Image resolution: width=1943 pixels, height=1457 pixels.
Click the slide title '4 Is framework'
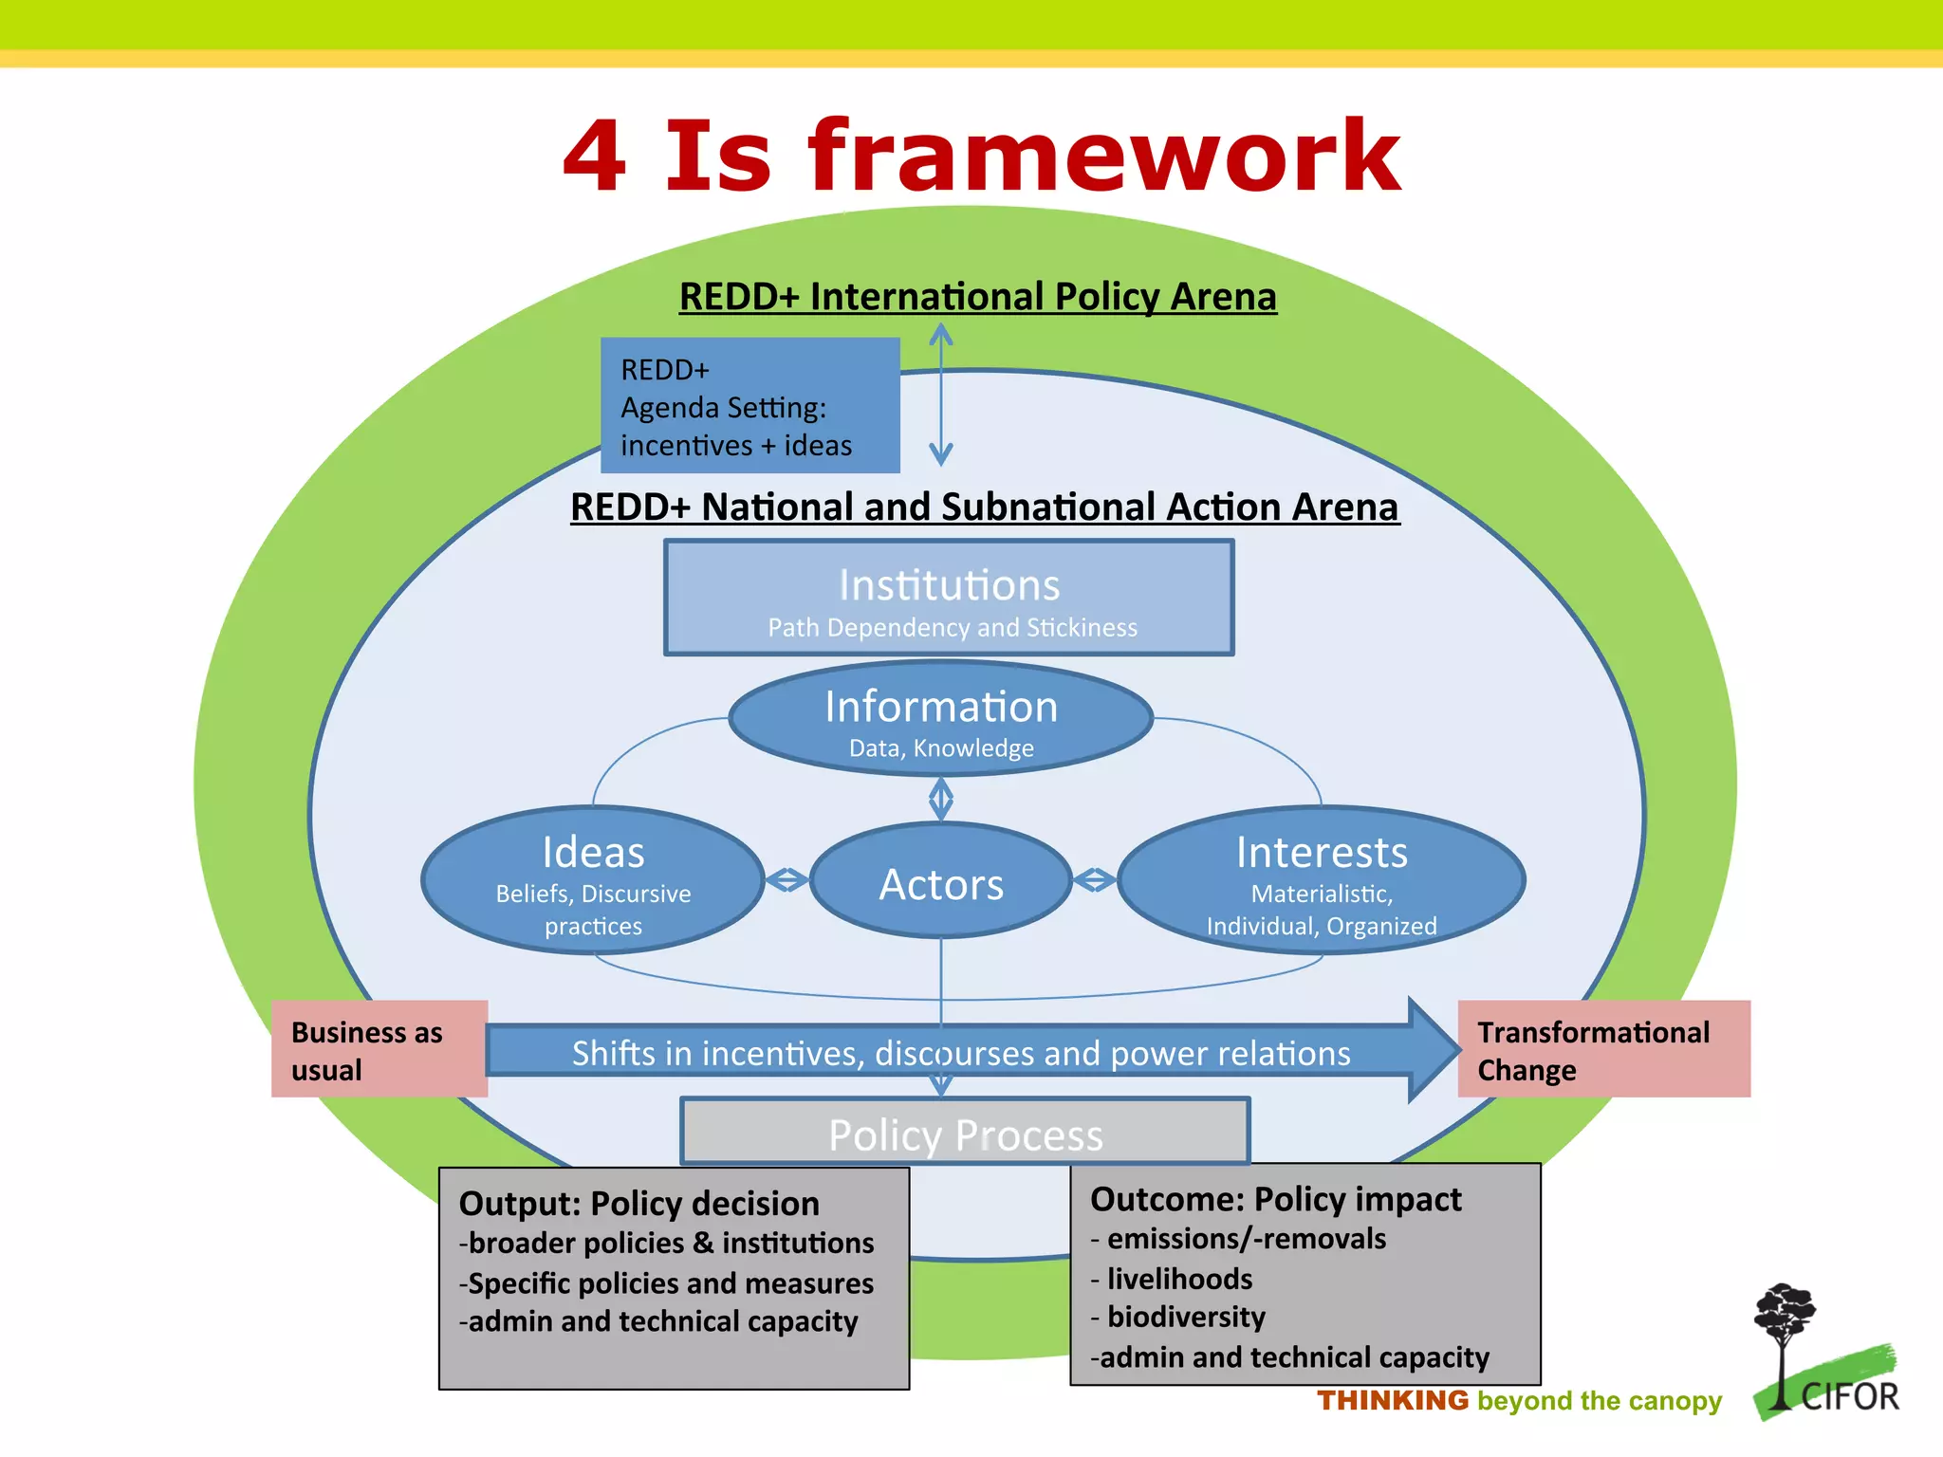[981, 156]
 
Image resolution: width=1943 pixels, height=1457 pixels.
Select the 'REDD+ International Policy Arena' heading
[978, 296]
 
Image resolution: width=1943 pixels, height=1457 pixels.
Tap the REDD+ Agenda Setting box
[749, 406]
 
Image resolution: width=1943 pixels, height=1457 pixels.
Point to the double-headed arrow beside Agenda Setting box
[940, 394]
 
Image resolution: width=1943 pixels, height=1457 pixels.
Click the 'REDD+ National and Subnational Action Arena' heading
[984, 507]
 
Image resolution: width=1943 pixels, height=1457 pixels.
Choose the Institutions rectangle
[949, 598]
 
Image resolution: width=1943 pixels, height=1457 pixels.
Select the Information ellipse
[940, 719]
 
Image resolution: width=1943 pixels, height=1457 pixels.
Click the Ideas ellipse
[593, 880]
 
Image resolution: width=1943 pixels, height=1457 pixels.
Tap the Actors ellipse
[941, 882]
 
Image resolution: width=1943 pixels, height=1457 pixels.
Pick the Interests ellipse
[1321, 880]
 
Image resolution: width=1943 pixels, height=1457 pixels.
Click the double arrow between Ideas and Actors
[786, 880]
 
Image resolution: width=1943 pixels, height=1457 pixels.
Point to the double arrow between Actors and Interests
[1094, 880]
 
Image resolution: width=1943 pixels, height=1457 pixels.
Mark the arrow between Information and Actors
[940, 799]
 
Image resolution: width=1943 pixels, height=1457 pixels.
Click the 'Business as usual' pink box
[379, 1049]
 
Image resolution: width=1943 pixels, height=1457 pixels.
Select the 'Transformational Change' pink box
[1603, 1049]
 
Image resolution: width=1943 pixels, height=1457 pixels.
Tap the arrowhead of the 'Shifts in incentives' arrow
[1434, 1049]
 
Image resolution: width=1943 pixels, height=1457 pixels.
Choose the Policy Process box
[965, 1133]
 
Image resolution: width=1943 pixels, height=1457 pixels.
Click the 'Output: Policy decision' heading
[638, 1203]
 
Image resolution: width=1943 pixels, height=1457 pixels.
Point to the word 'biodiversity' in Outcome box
[1186, 1317]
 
